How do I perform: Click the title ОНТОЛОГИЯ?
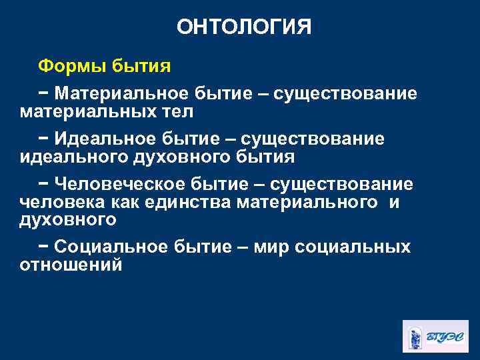[x=244, y=27]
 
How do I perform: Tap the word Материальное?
[x=123, y=93]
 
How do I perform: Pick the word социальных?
[x=353, y=247]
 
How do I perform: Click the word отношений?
[x=71, y=265]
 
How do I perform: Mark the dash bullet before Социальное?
[x=43, y=247]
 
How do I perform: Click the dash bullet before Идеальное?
[x=43, y=139]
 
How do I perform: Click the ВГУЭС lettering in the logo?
[x=445, y=336]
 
